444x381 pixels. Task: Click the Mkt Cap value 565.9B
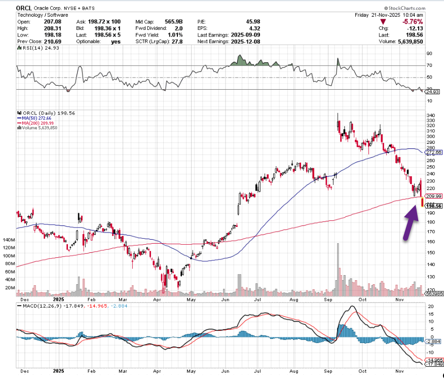(181, 22)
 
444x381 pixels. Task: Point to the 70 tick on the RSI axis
(429, 65)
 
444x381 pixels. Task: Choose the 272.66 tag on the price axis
(434, 152)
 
